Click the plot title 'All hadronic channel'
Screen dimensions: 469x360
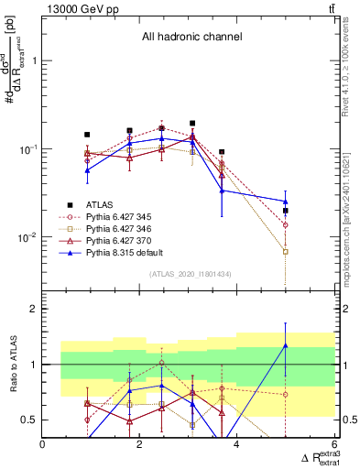tap(191, 38)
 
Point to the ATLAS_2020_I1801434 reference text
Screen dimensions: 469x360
tap(190, 275)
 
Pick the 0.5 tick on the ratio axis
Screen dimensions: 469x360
tap(29, 420)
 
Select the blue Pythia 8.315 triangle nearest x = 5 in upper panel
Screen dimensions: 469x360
tap(286, 202)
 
